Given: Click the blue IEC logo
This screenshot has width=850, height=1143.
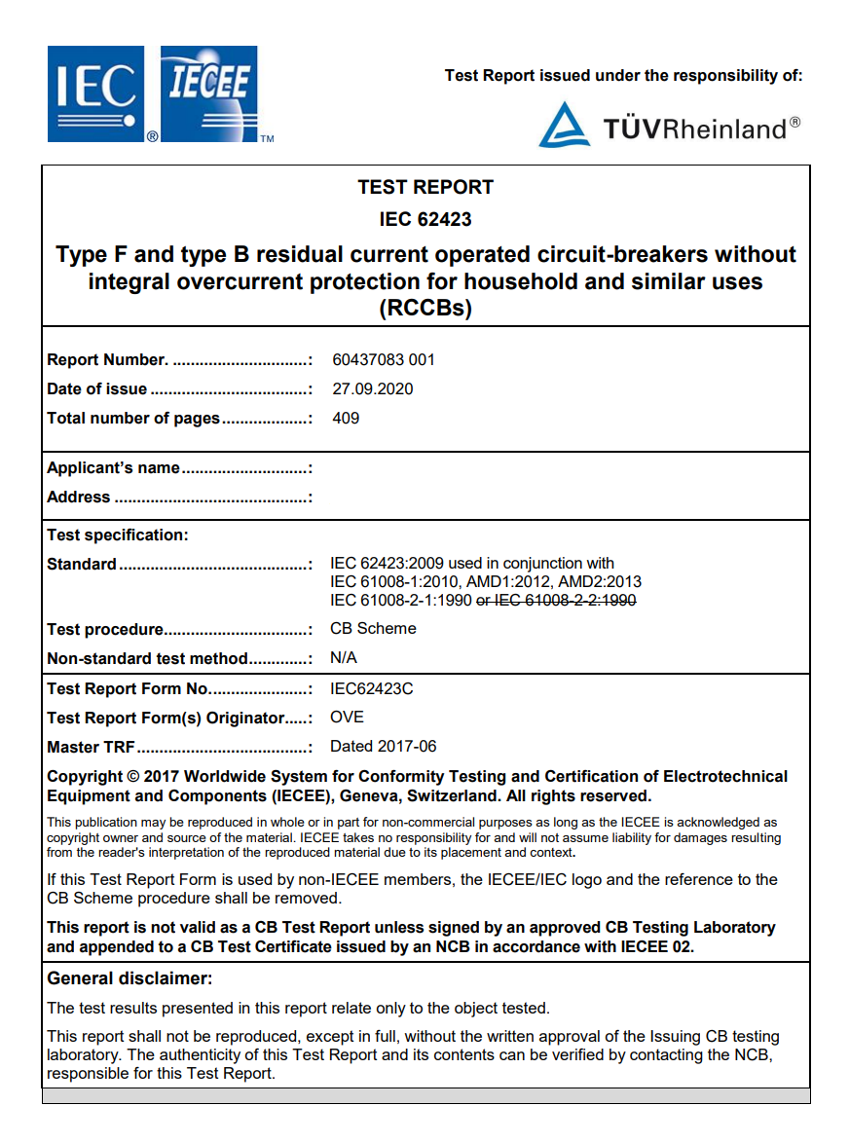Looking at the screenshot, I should click(94, 94).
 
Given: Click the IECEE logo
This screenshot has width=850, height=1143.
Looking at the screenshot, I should click(209, 92).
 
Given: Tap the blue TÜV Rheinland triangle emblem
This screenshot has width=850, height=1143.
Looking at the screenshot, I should click(564, 127).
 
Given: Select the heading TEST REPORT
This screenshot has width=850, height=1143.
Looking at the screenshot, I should click(425, 187).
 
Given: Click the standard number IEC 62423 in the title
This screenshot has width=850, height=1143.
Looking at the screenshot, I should click(425, 219).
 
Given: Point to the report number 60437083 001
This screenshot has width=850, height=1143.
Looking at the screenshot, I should click(384, 359).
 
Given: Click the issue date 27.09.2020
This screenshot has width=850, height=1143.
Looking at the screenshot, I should click(373, 388).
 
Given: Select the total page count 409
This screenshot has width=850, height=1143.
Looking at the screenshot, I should click(346, 418).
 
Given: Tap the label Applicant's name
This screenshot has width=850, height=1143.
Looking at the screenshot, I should click(113, 467).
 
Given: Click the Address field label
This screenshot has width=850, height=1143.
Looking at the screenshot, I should click(79, 497).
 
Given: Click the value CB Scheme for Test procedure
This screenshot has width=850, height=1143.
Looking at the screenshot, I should click(373, 628).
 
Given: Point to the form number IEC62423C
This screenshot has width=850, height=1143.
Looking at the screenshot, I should click(372, 688).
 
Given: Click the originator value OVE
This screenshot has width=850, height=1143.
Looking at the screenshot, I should click(347, 717).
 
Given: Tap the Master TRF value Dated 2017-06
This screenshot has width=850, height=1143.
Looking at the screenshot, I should click(384, 746).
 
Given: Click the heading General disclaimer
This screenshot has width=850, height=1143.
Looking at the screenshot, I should click(129, 978).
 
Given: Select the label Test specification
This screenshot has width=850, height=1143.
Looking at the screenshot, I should click(117, 535).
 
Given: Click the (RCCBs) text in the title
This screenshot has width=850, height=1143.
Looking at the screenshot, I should click(425, 309).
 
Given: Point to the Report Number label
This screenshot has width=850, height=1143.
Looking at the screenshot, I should click(107, 359).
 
